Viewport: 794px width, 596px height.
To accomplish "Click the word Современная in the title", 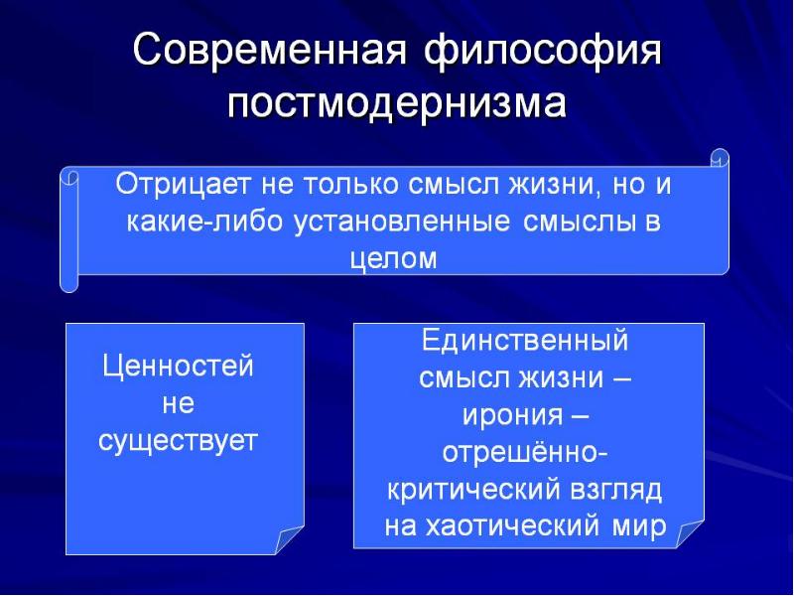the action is pyautogui.click(x=270, y=51).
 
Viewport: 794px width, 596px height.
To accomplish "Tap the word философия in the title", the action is pyautogui.click(x=543, y=53).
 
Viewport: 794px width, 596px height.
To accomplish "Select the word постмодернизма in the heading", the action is pyautogui.click(x=396, y=103).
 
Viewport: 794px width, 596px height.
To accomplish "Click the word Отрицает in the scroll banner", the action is pyautogui.click(x=183, y=185).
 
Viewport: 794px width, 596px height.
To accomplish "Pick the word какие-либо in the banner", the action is pyautogui.click(x=203, y=222).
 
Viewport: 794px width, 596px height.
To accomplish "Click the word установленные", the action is pyautogui.click(x=402, y=223).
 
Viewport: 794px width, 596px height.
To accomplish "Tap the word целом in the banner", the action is pyautogui.click(x=393, y=259).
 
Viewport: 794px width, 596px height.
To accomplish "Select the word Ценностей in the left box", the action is pyautogui.click(x=178, y=366).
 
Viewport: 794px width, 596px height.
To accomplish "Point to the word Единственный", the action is pyautogui.click(x=525, y=340).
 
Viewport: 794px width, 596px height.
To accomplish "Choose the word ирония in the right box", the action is pyautogui.click(x=512, y=415).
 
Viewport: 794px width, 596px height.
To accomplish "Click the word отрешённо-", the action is pyautogui.click(x=525, y=452).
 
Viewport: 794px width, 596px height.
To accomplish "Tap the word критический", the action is pyautogui.click(x=474, y=490).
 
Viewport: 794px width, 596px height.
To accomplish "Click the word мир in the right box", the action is pyautogui.click(x=639, y=528).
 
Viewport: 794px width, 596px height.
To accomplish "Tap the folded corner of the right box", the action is pyautogui.click(x=689, y=533).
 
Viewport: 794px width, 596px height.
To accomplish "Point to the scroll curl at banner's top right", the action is pyautogui.click(x=720, y=158).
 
